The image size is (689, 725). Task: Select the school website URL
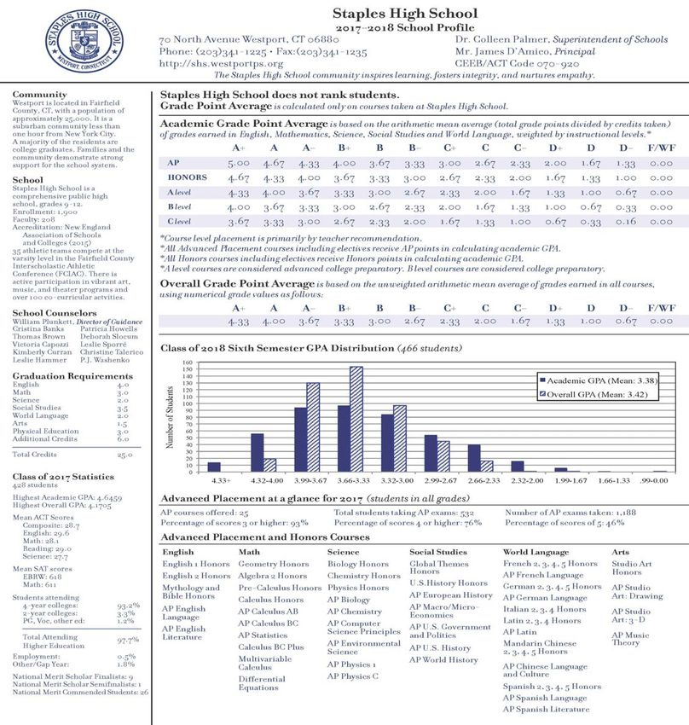221,64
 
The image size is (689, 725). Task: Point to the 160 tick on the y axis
188,362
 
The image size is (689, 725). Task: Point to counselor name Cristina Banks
38,328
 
